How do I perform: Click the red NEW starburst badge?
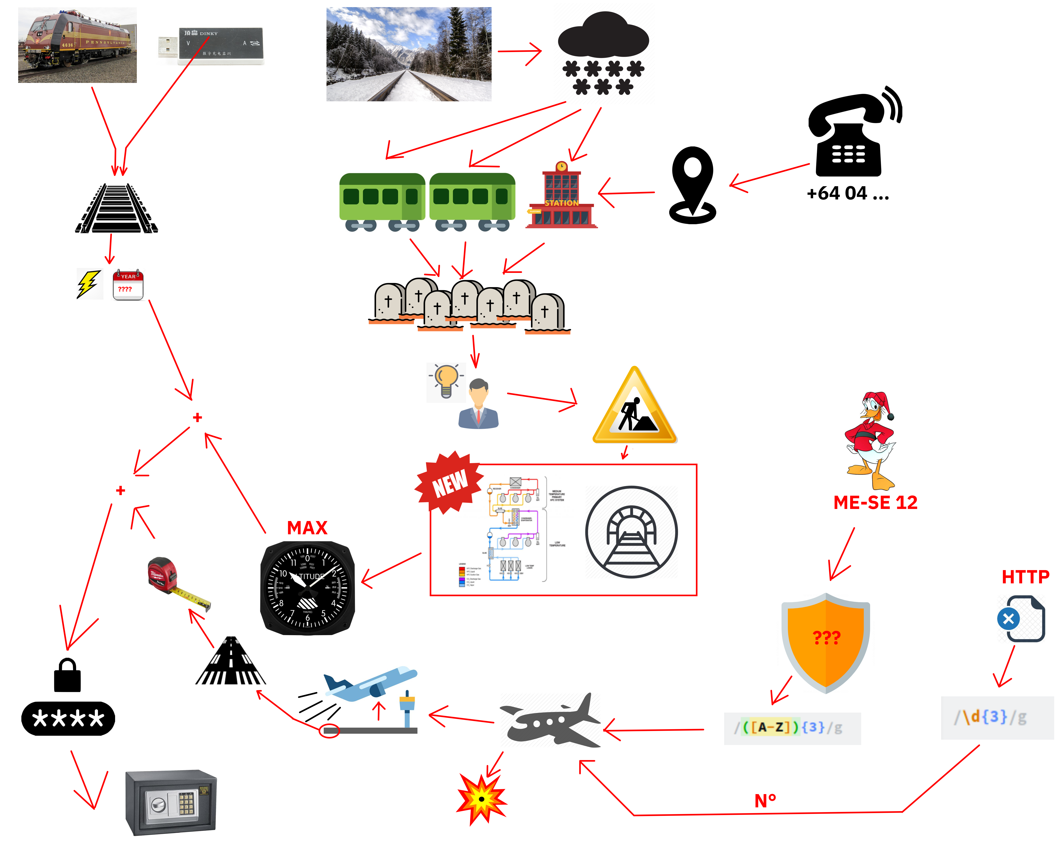(x=449, y=483)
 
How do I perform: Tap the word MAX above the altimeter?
(x=307, y=528)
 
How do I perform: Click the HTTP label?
(x=1025, y=577)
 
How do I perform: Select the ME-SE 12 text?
(x=875, y=502)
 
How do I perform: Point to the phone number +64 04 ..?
(x=847, y=194)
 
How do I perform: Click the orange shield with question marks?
(x=826, y=640)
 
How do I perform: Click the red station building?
(x=561, y=198)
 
